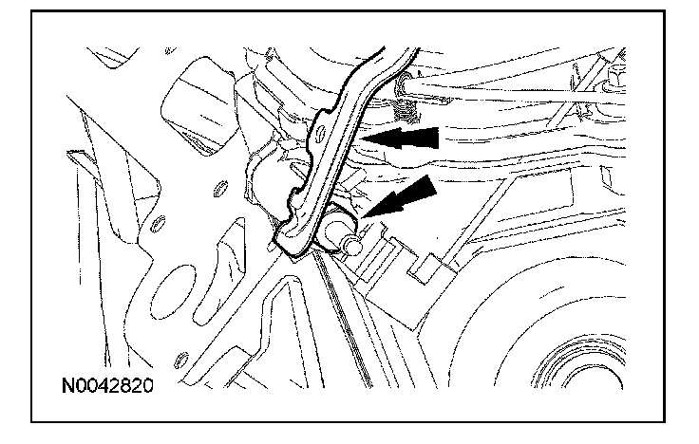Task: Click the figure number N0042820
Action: point(105,386)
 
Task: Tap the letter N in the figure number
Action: point(67,386)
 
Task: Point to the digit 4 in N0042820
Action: point(102,386)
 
